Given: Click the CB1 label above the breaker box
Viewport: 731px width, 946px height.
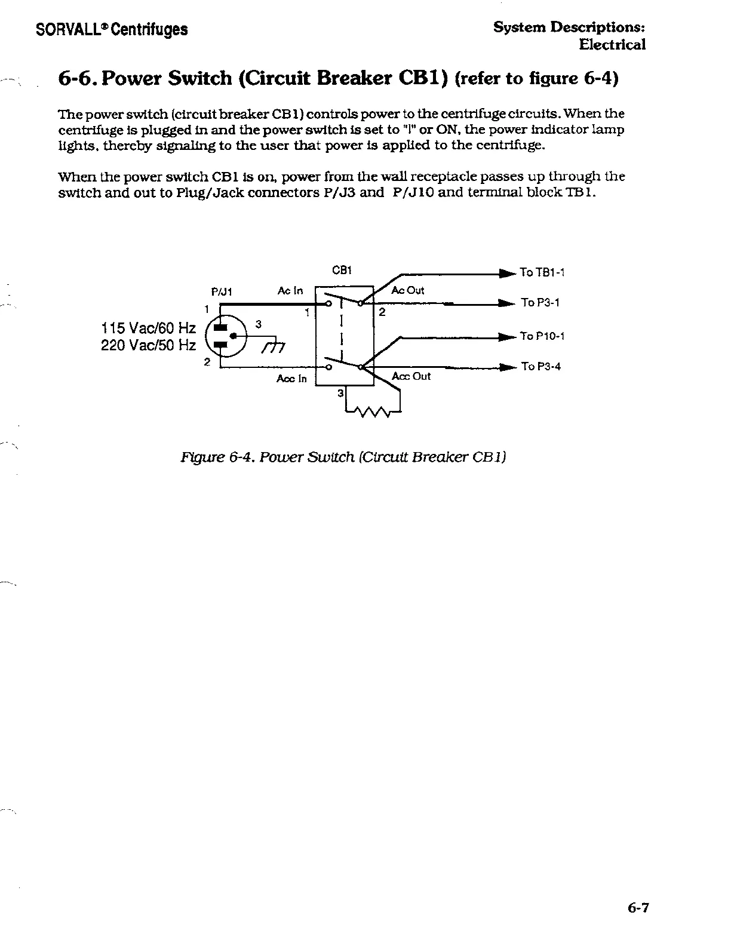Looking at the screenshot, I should click(x=342, y=270).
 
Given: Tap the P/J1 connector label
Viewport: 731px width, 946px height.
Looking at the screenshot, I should click(x=222, y=292).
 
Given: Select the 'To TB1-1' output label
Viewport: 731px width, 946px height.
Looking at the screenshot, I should click(x=542, y=273).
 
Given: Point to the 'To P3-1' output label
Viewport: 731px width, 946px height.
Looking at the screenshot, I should click(x=540, y=303).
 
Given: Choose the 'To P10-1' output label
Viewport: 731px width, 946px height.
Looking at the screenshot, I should click(x=542, y=336).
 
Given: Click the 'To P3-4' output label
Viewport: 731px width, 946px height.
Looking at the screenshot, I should click(x=540, y=367).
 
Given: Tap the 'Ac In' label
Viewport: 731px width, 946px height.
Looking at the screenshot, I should click(x=290, y=291).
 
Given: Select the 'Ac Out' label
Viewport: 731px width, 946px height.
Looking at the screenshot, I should click(x=407, y=291).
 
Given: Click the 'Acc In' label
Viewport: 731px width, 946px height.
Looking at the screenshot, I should click(x=291, y=379).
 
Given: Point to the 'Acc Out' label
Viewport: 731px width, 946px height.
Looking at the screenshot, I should click(x=411, y=376).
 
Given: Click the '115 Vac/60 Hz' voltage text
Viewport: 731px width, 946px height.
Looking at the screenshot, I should click(x=148, y=328).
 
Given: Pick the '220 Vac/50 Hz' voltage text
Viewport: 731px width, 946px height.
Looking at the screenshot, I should click(x=148, y=345).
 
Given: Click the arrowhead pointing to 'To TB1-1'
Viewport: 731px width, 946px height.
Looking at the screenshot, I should click(x=508, y=274).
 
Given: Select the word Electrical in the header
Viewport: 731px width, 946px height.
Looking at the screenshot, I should click(x=612, y=45).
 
